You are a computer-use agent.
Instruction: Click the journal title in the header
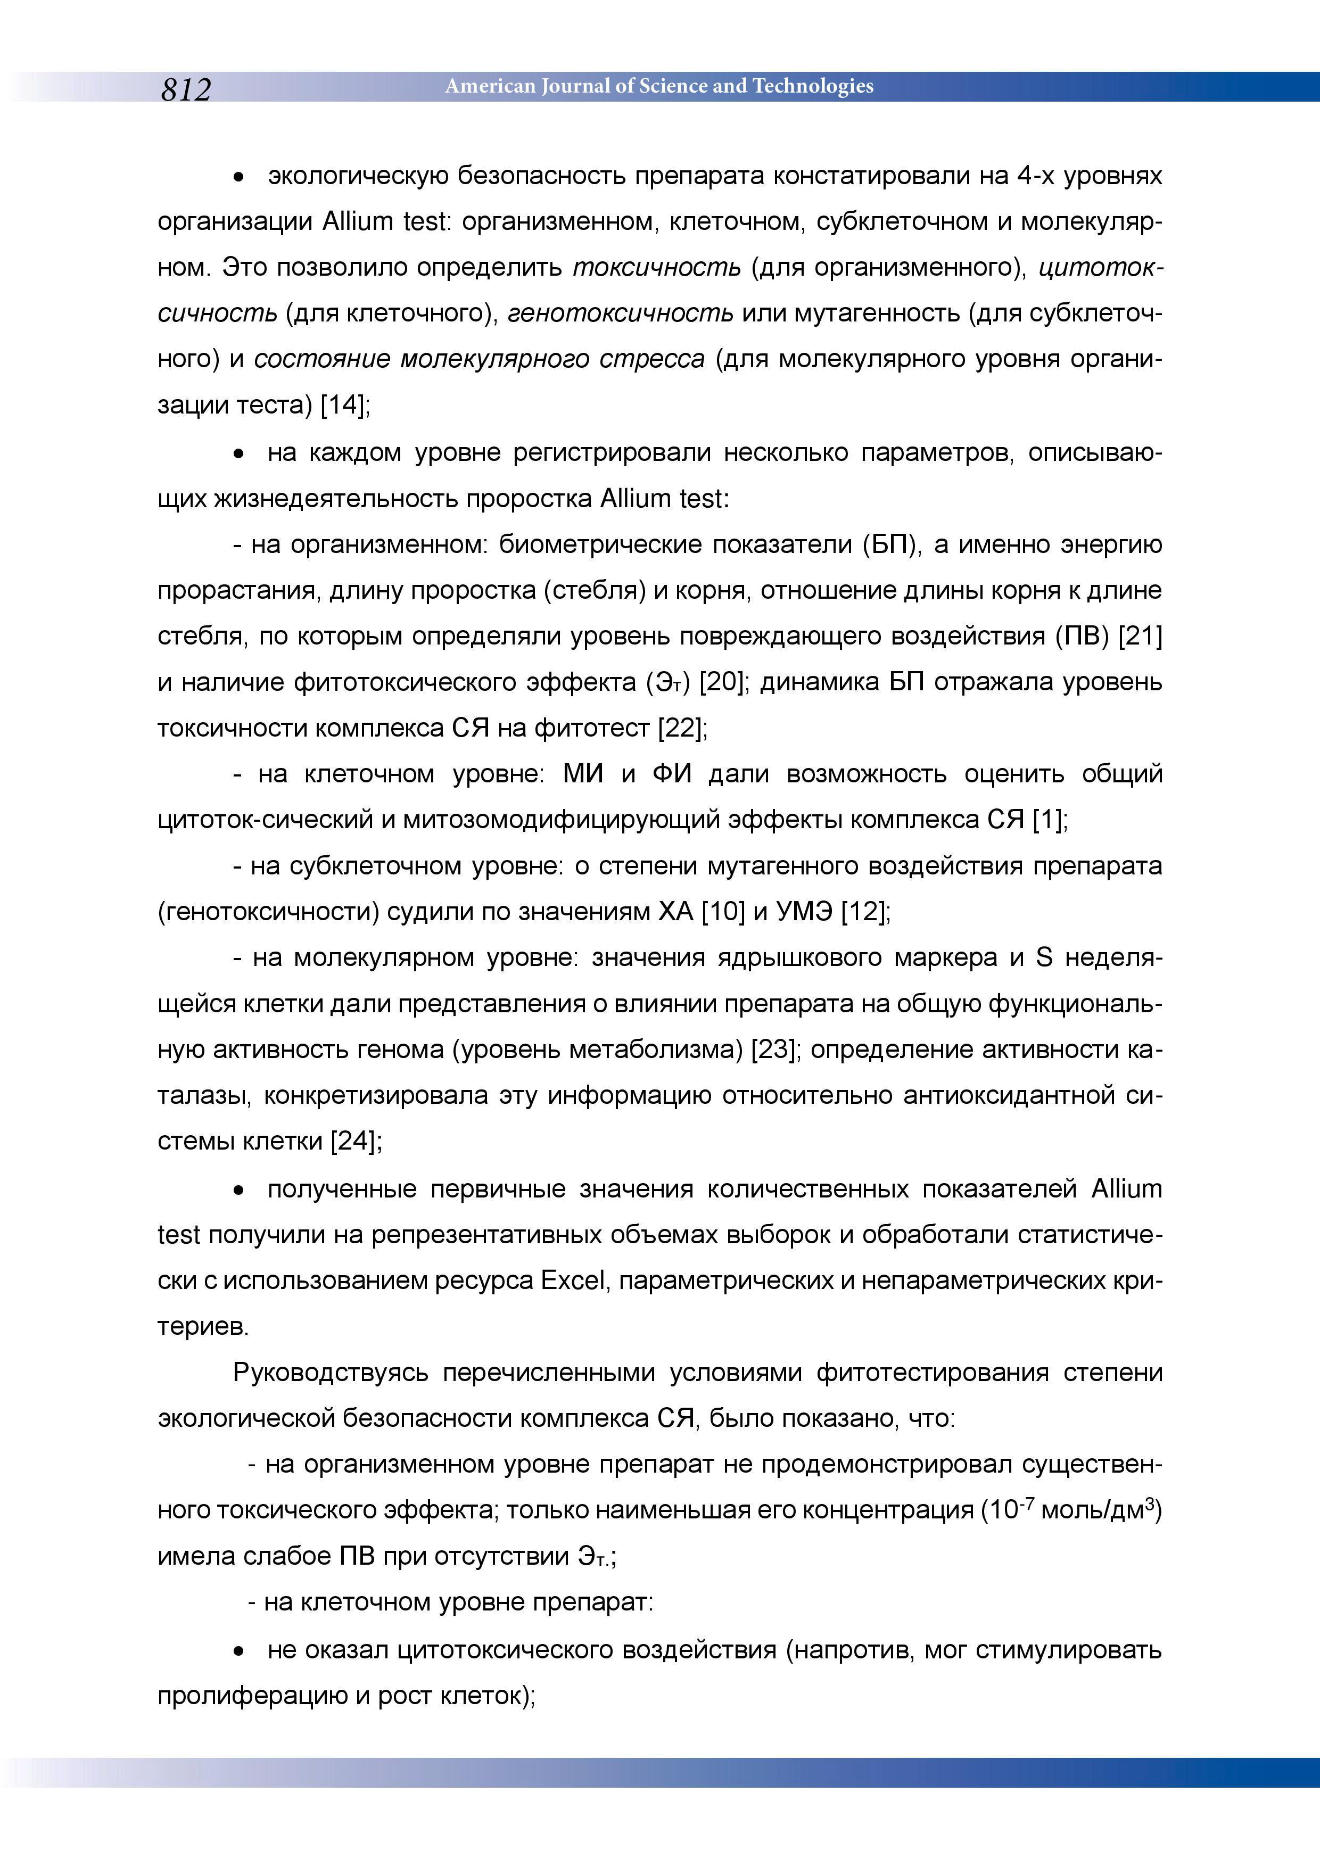click(x=659, y=86)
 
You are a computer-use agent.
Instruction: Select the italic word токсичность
click(x=657, y=268)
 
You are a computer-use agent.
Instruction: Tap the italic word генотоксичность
click(x=621, y=313)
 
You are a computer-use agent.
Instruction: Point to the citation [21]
click(x=1140, y=636)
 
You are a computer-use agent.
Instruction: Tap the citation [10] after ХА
click(x=723, y=912)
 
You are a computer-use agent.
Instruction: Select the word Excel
click(x=575, y=1281)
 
